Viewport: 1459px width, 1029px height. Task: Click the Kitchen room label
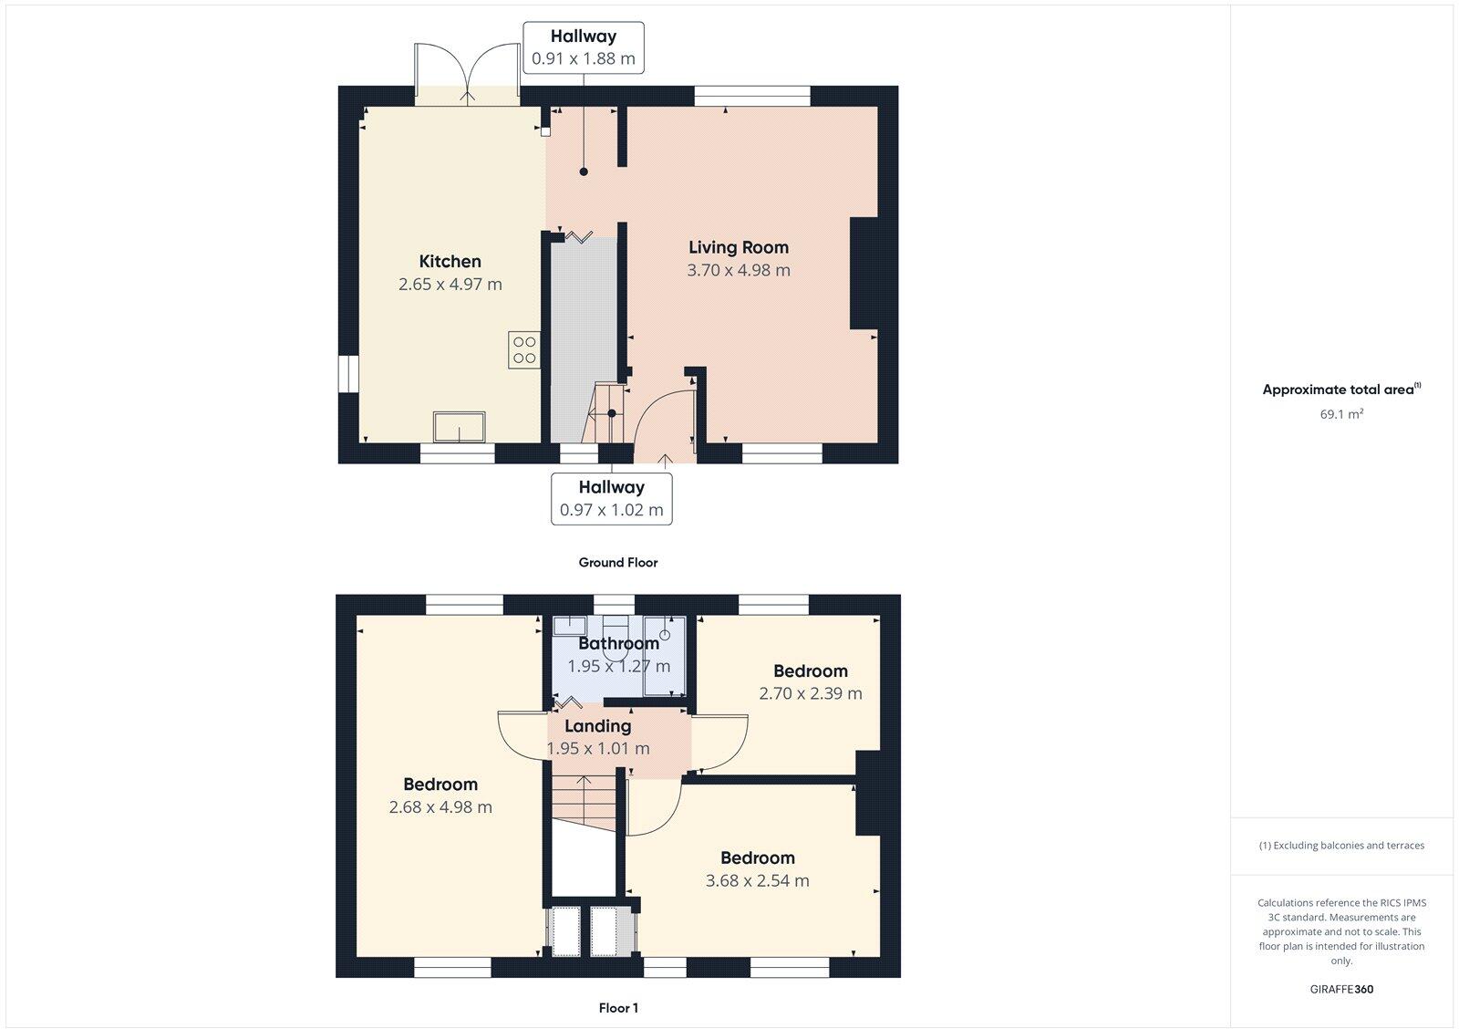click(450, 261)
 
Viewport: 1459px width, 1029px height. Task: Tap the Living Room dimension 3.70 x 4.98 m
click(738, 270)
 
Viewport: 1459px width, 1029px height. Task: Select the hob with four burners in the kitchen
click(524, 350)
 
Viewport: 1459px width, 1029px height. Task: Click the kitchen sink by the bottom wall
click(459, 426)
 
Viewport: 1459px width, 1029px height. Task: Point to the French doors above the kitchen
click(468, 69)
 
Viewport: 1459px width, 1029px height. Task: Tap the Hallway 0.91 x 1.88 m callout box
click(584, 47)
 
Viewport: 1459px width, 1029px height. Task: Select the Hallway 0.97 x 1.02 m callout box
click(611, 498)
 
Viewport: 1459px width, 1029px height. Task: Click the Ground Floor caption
click(617, 563)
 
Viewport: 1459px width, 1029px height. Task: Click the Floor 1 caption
click(617, 1008)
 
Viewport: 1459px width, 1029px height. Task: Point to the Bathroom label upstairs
click(618, 643)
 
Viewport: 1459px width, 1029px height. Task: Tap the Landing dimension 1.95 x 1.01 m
click(598, 749)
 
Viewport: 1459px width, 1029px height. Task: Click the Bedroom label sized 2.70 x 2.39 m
click(810, 670)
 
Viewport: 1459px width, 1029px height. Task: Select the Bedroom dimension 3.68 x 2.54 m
click(757, 880)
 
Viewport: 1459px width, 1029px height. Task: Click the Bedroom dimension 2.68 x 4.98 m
click(440, 807)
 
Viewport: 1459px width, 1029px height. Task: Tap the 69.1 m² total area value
click(1340, 414)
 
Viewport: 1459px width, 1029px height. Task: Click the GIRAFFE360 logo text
click(1341, 989)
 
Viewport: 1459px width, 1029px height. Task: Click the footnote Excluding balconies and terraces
click(1341, 846)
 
